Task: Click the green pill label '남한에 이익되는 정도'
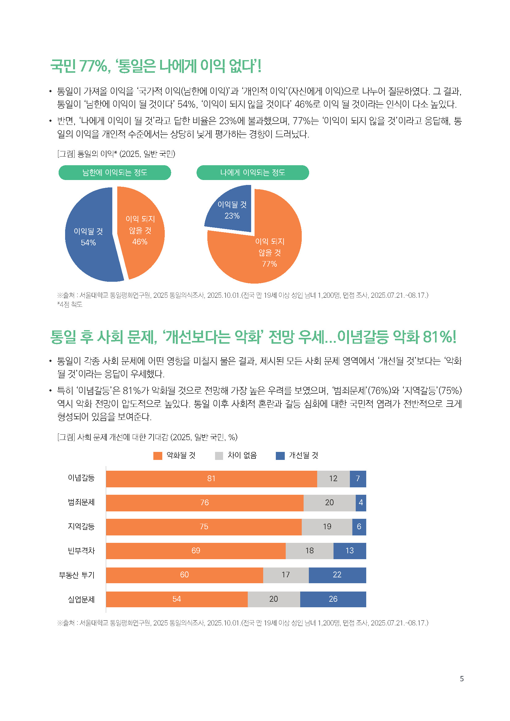(x=115, y=172)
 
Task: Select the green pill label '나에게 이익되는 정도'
(x=253, y=172)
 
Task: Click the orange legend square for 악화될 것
(x=157, y=456)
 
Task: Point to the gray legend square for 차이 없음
(x=219, y=456)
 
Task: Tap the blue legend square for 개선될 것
(x=280, y=456)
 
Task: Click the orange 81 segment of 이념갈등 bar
(x=211, y=479)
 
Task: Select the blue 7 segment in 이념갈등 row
(x=358, y=479)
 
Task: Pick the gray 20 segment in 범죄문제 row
(x=329, y=503)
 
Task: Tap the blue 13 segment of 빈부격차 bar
(x=350, y=551)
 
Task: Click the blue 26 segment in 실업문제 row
(x=333, y=599)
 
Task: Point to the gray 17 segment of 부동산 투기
(x=286, y=575)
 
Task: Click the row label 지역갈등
(x=81, y=526)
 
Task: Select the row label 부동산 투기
(x=77, y=575)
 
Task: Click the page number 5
(x=462, y=678)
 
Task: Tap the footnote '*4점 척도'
(x=70, y=305)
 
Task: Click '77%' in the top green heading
(x=94, y=66)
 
